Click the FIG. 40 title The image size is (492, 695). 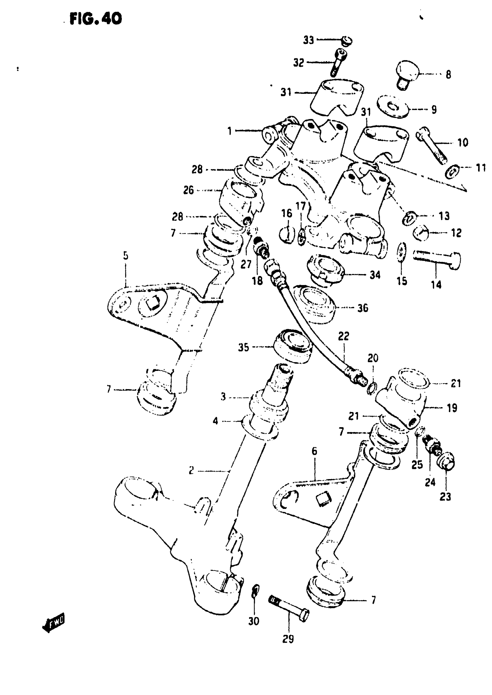[96, 19]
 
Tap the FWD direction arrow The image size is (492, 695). [54, 622]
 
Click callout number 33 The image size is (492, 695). [309, 40]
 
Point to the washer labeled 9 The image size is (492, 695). [393, 108]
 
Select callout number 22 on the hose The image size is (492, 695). [344, 336]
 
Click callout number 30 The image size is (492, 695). [254, 621]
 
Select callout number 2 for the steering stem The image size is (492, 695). [191, 470]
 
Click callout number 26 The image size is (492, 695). [188, 190]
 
